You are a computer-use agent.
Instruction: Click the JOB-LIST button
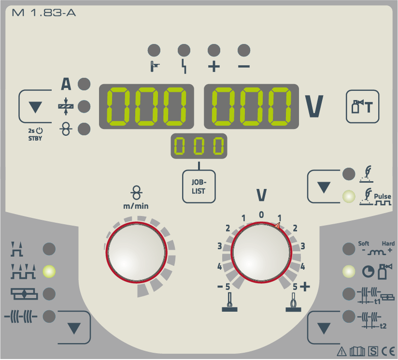pyautogui.click(x=199, y=187)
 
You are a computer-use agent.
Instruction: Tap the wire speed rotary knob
pyautogui.click(x=137, y=252)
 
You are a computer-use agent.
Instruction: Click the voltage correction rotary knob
pyautogui.click(x=261, y=252)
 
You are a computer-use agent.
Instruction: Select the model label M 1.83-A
pyautogui.click(x=43, y=13)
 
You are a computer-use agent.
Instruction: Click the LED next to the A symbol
pyautogui.click(x=84, y=84)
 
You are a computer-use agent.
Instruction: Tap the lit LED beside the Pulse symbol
pyautogui.click(x=349, y=197)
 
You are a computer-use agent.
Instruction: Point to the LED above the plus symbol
pyautogui.click(x=213, y=50)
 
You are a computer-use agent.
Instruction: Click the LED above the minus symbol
pyautogui.click(x=244, y=50)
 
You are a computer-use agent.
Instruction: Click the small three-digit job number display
pyautogui.click(x=199, y=146)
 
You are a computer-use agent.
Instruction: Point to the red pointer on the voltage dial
pyautogui.click(x=277, y=226)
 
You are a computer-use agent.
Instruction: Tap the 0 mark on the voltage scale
pyautogui.click(x=261, y=215)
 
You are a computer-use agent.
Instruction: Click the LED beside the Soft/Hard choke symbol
pyautogui.click(x=349, y=249)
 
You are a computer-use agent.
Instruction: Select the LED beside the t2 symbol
pyautogui.click(x=349, y=317)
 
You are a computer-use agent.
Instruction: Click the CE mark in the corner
pyautogui.click(x=388, y=351)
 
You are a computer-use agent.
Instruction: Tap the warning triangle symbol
pyautogui.click(x=342, y=351)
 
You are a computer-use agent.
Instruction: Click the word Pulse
pyautogui.click(x=383, y=196)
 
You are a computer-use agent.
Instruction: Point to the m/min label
pyautogui.click(x=136, y=206)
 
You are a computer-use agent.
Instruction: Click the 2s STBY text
pyautogui.click(x=35, y=134)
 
